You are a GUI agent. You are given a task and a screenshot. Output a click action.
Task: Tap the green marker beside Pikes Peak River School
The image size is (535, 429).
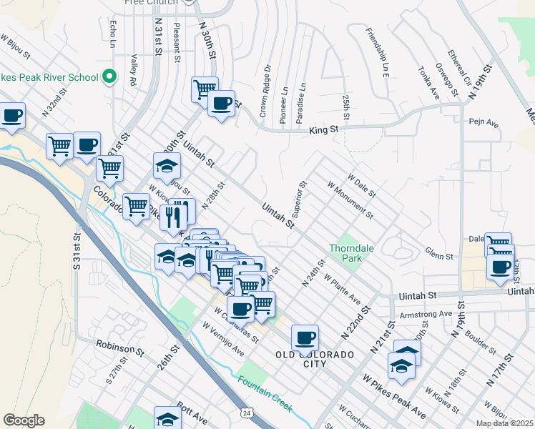click(109, 76)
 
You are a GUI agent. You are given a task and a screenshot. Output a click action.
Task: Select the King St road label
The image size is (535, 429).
click(323, 130)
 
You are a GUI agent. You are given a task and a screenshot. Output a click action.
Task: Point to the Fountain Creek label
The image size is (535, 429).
click(265, 394)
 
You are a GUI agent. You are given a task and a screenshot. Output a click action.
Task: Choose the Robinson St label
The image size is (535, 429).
click(120, 348)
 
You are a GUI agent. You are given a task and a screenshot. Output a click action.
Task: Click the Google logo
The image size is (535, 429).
click(24, 420)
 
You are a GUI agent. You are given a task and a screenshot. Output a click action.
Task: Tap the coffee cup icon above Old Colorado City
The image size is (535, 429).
click(305, 337)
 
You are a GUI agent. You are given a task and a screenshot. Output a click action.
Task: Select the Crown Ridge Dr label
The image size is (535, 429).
click(265, 91)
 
